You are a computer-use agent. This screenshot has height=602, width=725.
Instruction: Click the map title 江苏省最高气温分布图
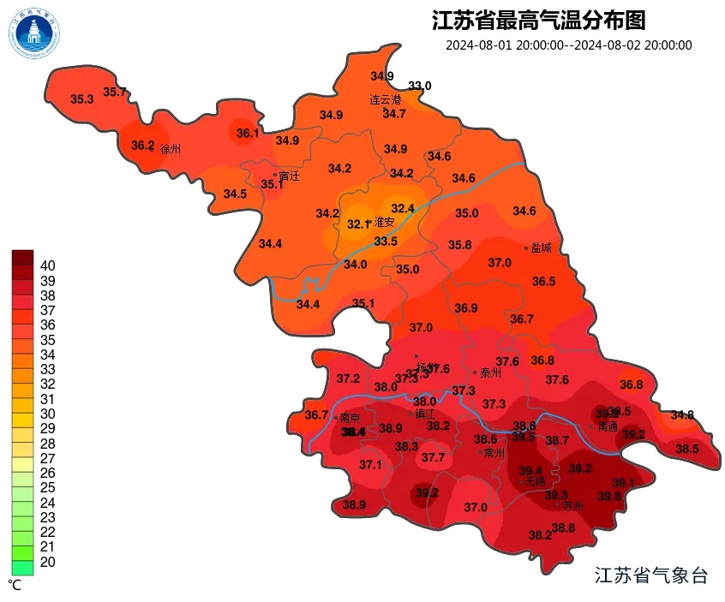coord(539,20)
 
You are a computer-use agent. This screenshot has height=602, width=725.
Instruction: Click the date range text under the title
coord(568,45)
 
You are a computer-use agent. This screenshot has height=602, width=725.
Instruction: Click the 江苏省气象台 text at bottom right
coord(651,575)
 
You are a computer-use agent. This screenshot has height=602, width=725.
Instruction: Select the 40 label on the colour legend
coord(48,265)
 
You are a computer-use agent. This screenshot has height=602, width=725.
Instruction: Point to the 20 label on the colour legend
coord(48,561)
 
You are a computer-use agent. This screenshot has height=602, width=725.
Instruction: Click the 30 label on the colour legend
coord(48,413)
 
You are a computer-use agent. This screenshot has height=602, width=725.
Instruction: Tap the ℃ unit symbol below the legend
coord(15,584)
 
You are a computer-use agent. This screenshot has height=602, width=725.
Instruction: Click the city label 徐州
coord(171,149)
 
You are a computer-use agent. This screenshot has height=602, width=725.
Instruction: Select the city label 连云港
coord(385,99)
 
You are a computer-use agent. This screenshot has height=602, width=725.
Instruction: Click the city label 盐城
coord(541,247)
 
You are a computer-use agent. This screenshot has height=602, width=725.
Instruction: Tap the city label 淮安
coord(384,223)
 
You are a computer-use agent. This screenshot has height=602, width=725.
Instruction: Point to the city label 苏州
coord(572,506)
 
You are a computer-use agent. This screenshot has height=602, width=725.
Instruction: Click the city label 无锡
coord(535,481)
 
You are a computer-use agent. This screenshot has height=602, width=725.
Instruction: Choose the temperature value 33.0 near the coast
coord(420,86)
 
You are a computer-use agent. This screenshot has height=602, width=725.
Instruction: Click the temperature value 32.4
coord(403,208)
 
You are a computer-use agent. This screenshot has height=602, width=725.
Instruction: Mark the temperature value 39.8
coord(609,496)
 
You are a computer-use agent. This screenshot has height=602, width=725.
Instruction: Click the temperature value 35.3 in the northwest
coord(82,99)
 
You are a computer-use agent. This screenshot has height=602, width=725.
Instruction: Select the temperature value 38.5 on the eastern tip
coord(687,449)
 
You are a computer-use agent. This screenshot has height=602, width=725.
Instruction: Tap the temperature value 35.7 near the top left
coord(115,92)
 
